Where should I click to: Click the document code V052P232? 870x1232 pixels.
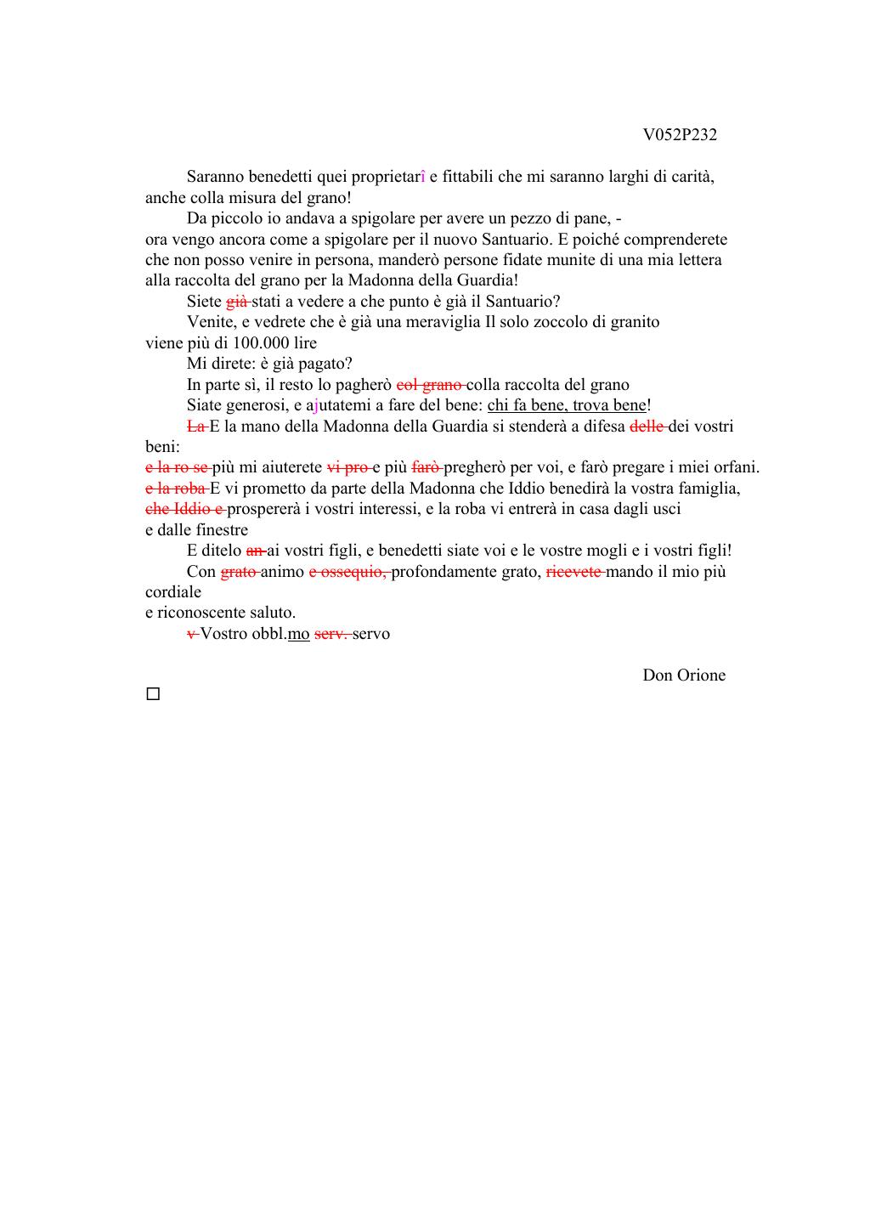pos(679,135)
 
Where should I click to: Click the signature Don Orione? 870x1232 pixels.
pos(683,675)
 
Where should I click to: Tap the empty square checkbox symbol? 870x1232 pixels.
pos(153,694)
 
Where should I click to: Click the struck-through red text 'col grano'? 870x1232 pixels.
pos(428,385)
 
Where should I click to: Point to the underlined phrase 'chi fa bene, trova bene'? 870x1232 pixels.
pos(567,405)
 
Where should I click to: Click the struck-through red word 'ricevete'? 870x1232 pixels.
pos(573,572)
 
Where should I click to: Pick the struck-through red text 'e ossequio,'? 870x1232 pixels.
pos(347,572)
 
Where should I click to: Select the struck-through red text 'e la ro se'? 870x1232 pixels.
pos(176,467)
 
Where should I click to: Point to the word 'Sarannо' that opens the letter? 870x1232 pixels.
pos(216,177)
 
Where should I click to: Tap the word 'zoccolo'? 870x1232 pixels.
pos(558,322)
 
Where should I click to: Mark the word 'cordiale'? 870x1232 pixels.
pos(173,592)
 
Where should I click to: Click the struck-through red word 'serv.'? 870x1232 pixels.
pos(331,634)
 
